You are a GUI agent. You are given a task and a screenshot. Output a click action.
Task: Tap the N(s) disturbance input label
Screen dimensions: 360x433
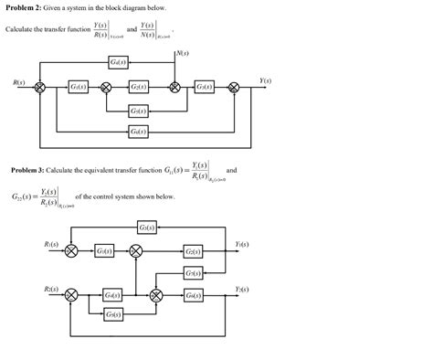pyautogui.click(x=183, y=53)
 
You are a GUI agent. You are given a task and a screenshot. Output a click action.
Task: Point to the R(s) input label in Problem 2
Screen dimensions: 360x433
pyautogui.click(x=18, y=83)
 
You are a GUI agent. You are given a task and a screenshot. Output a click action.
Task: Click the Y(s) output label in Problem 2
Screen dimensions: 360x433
pyautogui.click(x=264, y=80)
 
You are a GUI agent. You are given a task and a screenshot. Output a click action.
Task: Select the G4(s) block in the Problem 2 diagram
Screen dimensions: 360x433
pyautogui.click(x=117, y=62)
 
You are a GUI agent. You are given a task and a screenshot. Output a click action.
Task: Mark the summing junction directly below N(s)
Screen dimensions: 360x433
pyautogui.click(x=174, y=88)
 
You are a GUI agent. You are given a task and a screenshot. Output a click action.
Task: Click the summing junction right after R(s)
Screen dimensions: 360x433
pyautogui.click(x=40, y=88)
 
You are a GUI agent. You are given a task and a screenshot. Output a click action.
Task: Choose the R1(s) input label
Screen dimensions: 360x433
pyautogui.click(x=51, y=244)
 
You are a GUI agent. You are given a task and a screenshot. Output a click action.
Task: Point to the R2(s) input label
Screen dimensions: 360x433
pyautogui.click(x=51, y=289)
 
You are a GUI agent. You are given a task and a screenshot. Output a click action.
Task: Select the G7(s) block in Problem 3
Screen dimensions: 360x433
pyautogui.click(x=193, y=273)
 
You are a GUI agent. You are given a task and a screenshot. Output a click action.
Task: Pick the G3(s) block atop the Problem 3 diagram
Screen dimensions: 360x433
pyautogui.click(x=146, y=227)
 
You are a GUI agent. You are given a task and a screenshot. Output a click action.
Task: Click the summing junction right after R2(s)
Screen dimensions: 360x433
pyautogui.click(x=73, y=295)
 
